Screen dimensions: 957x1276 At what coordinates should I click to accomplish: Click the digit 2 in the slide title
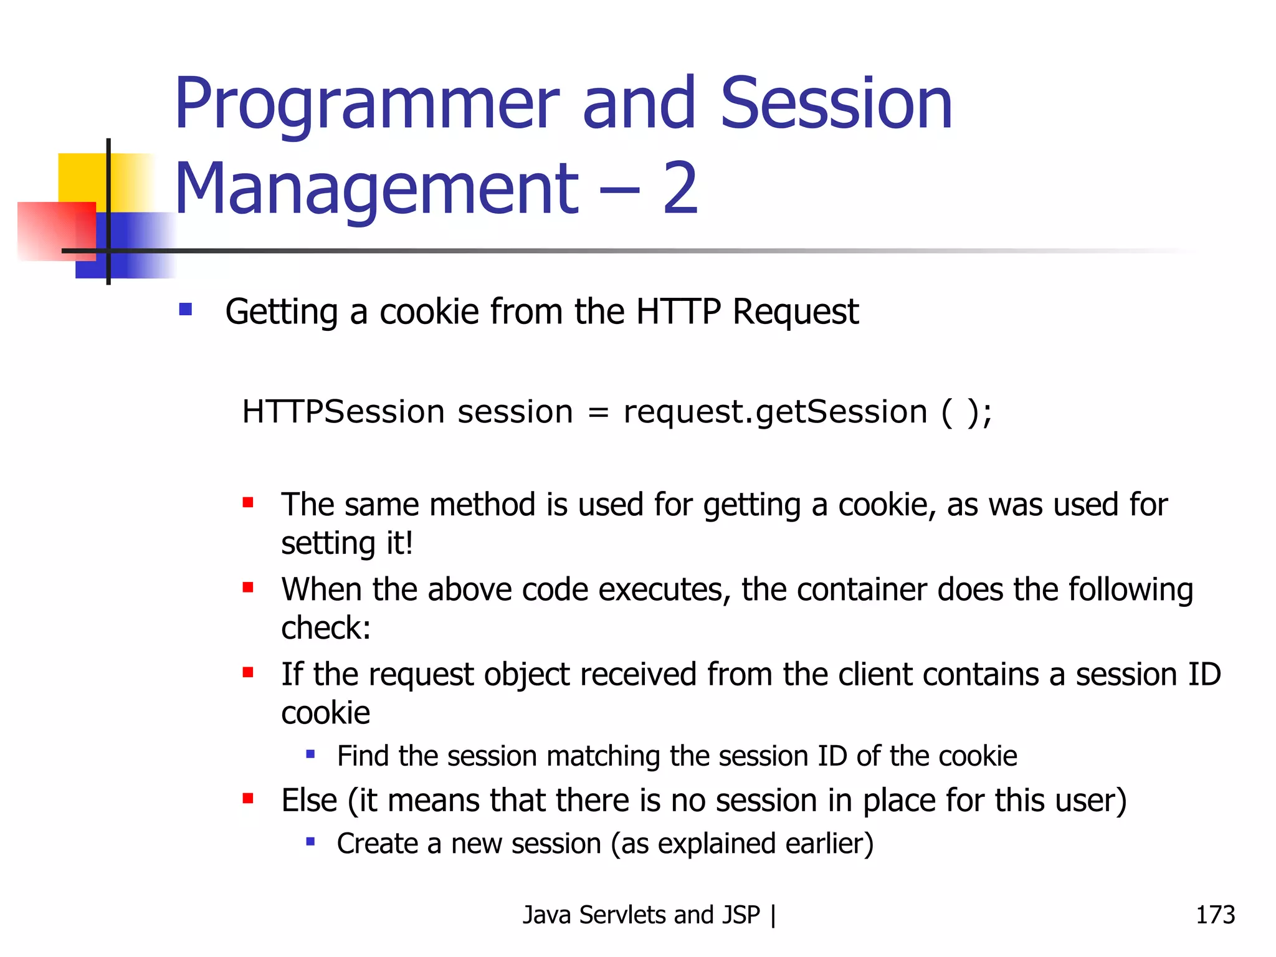pyautogui.click(x=680, y=188)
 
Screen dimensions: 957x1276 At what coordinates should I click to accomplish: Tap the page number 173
pyautogui.click(x=1214, y=915)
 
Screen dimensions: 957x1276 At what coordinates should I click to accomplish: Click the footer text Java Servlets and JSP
pyautogui.click(x=641, y=915)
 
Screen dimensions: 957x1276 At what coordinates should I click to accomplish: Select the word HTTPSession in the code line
pyautogui.click(x=343, y=412)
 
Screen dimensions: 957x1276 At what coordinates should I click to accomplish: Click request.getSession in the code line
pyautogui.click(x=774, y=412)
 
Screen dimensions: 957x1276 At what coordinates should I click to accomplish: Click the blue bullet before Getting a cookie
pyautogui.click(x=185, y=310)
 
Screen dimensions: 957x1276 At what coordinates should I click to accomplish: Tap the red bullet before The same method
pyautogui.click(x=248, y=502)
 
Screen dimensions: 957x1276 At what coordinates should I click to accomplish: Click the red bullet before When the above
pyautogui.click(x=248, y=587)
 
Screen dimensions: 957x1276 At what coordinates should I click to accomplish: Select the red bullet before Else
pyautogui.click(x=248, y=798)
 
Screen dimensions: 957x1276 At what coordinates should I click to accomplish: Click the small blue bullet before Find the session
pyautogui.click(x=310, y=755)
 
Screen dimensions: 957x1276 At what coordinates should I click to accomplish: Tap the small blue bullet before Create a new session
pyautogui.click(x=310, y=842)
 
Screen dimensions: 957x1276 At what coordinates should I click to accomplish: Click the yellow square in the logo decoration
pyautogui.click(x=81, y=177)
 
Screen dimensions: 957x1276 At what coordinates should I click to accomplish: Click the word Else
pyautogui.click(x=309, y=800)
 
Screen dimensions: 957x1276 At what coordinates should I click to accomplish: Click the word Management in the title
pyautogui.click(x=376, y=188)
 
